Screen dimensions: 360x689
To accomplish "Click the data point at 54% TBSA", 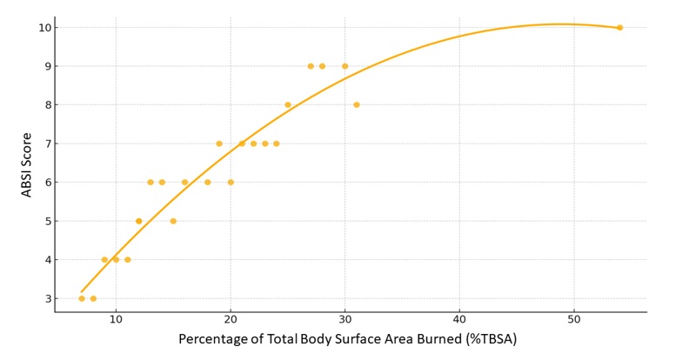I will (x=619, y=28).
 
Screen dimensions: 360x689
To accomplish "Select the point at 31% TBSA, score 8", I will (x=357, y=105).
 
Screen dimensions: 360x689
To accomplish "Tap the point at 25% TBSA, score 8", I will (x=288, y=105).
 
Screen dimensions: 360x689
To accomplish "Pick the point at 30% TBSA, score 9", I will (x=345, y=66).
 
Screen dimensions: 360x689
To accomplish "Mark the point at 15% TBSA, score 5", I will (x=173, y=221).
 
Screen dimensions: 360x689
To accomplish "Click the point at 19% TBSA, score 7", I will (x=219, y=143).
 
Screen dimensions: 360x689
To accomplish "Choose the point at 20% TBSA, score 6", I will (x=231, y=183).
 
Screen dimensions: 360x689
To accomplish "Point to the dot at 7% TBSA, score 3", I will (x=82, y=298).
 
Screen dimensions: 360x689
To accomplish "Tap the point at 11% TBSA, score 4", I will (x=128, y=260).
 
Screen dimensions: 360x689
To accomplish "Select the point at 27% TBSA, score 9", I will (x=311, y=66).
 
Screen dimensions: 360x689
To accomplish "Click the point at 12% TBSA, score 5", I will (x=139, y=221).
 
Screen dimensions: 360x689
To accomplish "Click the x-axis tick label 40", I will (x=459, y=320).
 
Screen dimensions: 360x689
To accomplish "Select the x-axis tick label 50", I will (x=574, y=320).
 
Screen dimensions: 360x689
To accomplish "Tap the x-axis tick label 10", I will (x=116, y=320).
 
